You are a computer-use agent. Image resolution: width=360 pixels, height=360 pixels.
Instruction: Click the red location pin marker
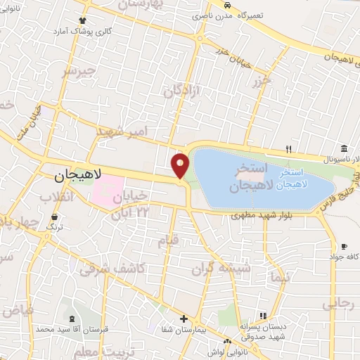click(181, 166)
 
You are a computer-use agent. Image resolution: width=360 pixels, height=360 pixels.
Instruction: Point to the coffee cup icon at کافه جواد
click(344, 246)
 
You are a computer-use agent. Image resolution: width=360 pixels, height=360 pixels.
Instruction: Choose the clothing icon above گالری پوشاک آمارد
click(83, 20)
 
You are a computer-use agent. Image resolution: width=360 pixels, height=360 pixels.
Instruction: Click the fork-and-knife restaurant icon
click(288, 149)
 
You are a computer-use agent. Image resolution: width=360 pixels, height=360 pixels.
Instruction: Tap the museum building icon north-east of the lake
click(344, 149)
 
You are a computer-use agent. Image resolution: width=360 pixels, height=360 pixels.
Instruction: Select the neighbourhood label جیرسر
click(77, 71)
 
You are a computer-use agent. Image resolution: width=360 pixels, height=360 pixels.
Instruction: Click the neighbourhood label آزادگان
click(182, 89)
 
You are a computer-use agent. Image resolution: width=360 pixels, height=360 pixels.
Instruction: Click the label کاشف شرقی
click(112, 268)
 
